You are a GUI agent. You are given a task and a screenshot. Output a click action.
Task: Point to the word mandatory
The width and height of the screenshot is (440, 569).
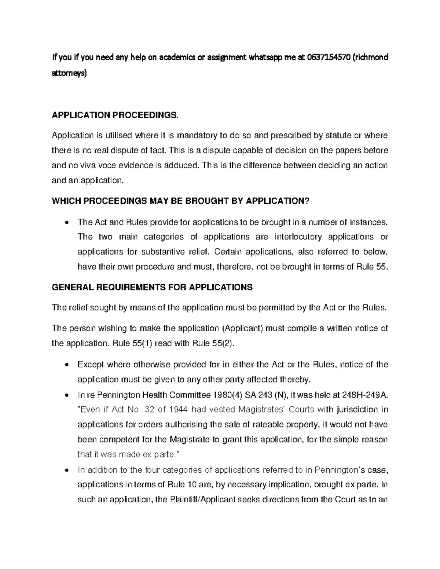[x=197, y=136]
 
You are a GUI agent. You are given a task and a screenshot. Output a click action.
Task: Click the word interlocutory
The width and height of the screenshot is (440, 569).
[x=298, y=237]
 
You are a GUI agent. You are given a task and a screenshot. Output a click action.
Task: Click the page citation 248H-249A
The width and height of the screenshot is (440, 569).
[x=364, y=395]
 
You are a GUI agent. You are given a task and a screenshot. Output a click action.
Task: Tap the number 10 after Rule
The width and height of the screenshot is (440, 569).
[x=192, y=484]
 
